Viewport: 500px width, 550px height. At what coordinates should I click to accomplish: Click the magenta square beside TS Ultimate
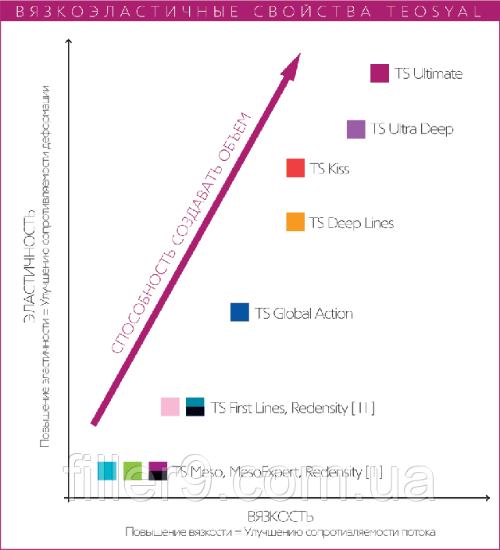pyautogui.click(x=380, y=73)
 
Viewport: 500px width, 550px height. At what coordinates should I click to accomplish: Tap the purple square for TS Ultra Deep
pyautogui.click(x=356, y=129)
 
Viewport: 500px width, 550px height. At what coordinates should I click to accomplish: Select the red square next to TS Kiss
pyautogui.click(x=295, y=168)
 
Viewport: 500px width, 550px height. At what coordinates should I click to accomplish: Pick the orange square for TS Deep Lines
pyautogui.click(x=295, y=223)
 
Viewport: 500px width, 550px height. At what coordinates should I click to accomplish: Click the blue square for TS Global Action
pyautogui.click(x=240, y=312)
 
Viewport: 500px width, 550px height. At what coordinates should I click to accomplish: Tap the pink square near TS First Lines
pyautogui.click(x=170, y=407)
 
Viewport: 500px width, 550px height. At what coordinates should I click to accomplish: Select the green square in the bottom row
pyautogui.click(x=133, y=470)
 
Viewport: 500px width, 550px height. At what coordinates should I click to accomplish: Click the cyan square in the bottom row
pyautogui.click(x=108, y=470)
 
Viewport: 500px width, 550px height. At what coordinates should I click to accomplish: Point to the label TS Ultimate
pyautogui.click(x=428, y=74)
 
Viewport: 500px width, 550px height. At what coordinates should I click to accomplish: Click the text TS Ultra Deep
pyautogui.click(x=412, y=129)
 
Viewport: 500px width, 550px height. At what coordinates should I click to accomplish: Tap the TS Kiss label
pyautogui.click(x=330, y=169)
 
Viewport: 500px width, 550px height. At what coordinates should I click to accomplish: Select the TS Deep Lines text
pyautogui.click(x=352, y=223)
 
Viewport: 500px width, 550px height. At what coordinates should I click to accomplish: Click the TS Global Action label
pyautogui.click(x=304, y=313)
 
